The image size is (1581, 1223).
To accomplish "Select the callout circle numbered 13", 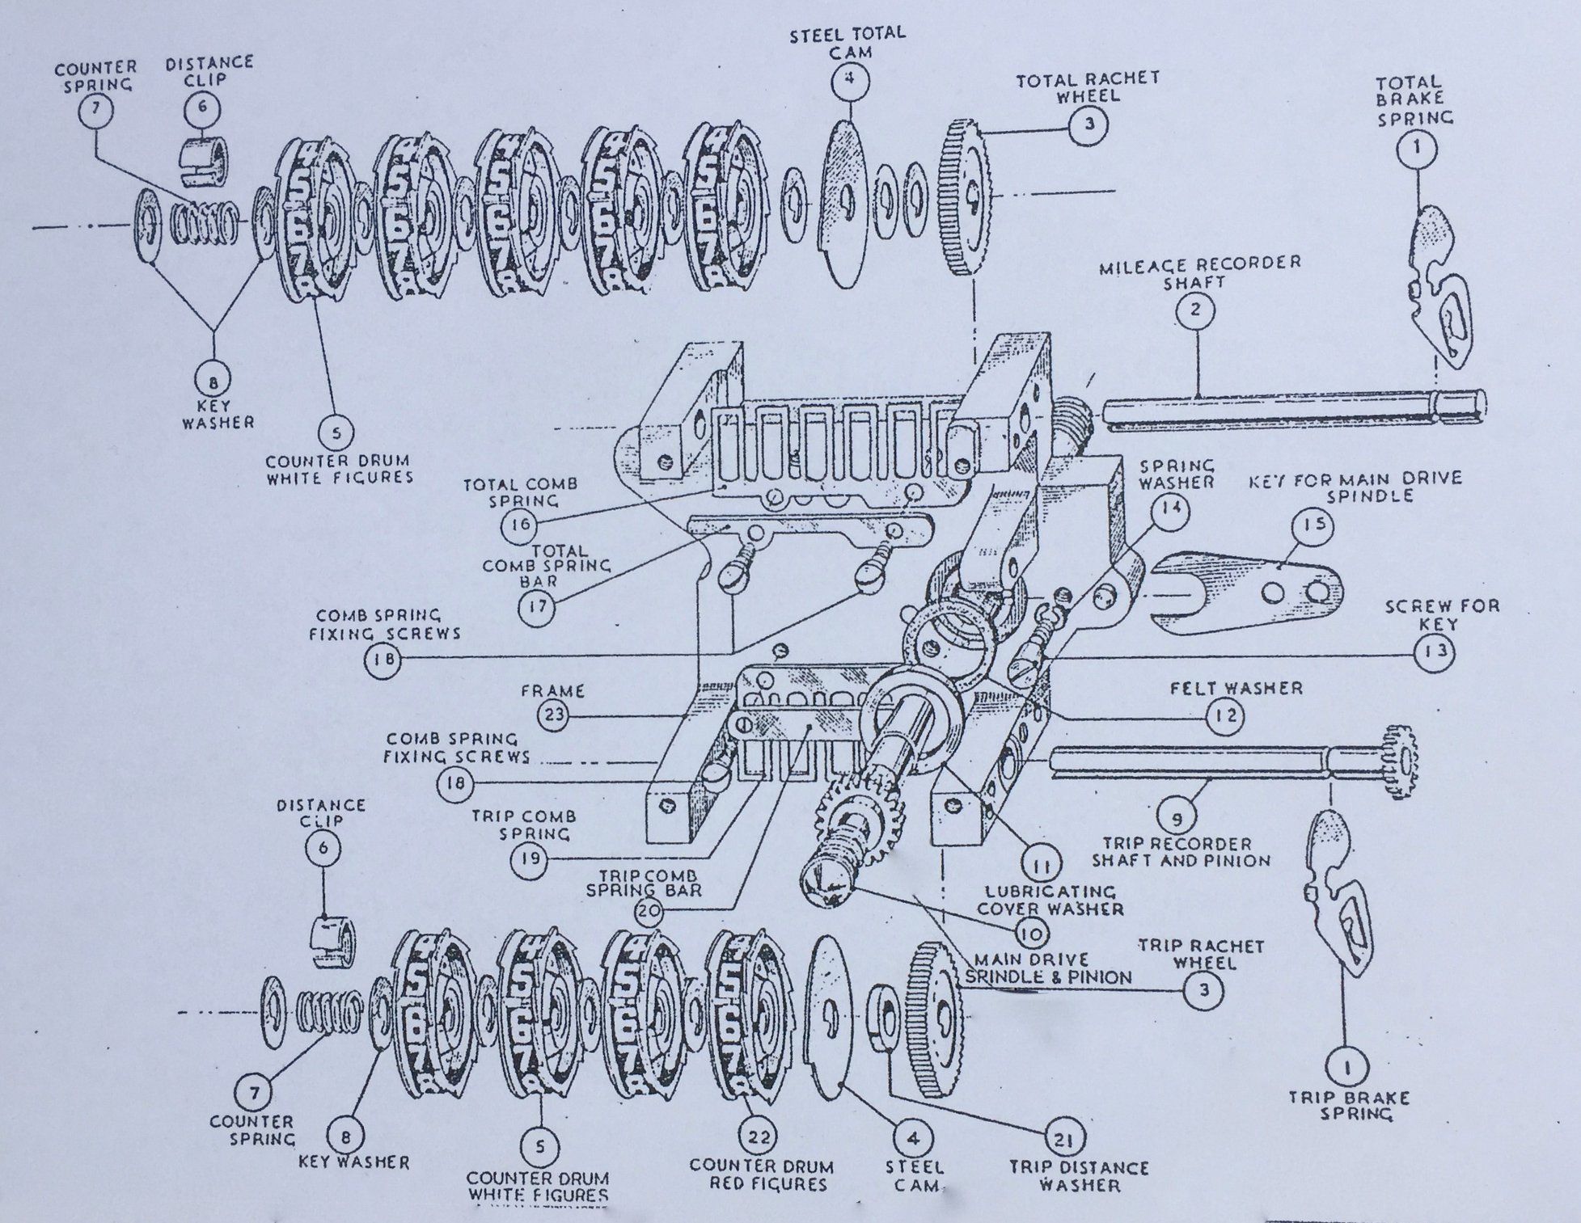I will (x=1434, y=652).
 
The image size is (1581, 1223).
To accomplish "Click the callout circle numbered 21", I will (x=1063, y=1140).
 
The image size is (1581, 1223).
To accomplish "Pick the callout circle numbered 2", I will (x=1195, y=309).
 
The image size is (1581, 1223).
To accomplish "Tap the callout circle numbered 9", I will (x=1177, y=819).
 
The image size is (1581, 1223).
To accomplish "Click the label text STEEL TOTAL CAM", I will (x=848, y=42).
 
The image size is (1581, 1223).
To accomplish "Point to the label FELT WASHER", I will (x=1236, y=689).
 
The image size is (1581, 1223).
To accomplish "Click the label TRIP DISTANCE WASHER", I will (x=1079, y=1176).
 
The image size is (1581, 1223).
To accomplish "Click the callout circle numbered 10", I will (x=1030, y=934).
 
